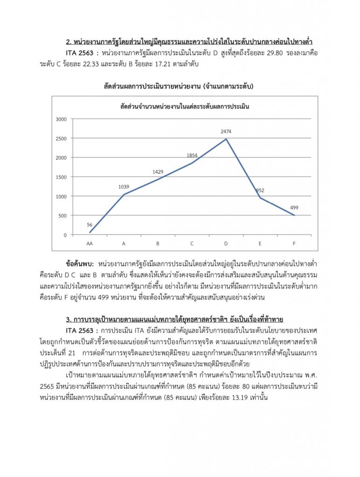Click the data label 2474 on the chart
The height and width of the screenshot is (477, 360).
[x=226, y=132]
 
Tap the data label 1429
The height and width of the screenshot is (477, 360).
[x=158, y=172]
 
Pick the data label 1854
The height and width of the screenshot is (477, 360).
[x=192, y=156]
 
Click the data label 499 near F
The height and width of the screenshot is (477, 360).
[x=294, y=207]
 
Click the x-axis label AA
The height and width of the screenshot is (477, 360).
[x=89, y=244]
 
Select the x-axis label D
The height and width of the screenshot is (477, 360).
[x=226, y=244]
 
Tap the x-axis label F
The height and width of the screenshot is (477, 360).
[x=294, y=244]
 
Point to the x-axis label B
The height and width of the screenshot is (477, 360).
[x=158, y=244]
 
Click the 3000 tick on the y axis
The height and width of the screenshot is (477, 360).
[x=61, y=119]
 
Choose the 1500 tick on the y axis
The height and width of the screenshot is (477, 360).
[x=61, y=177]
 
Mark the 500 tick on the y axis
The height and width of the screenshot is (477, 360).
[x=62, y=216]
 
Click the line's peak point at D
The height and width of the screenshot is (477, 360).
[x=226, y=139]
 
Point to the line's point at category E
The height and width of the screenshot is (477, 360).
[x=260, y=198]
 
